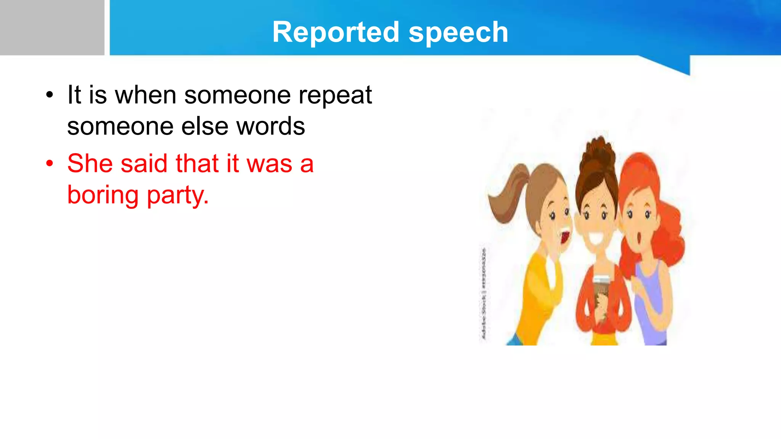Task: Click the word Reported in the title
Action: click(336, 32)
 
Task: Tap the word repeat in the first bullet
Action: click(335, 95)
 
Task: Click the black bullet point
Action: click(50, 95)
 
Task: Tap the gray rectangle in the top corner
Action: click(52, 27)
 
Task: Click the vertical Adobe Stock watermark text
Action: click(484, 293)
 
